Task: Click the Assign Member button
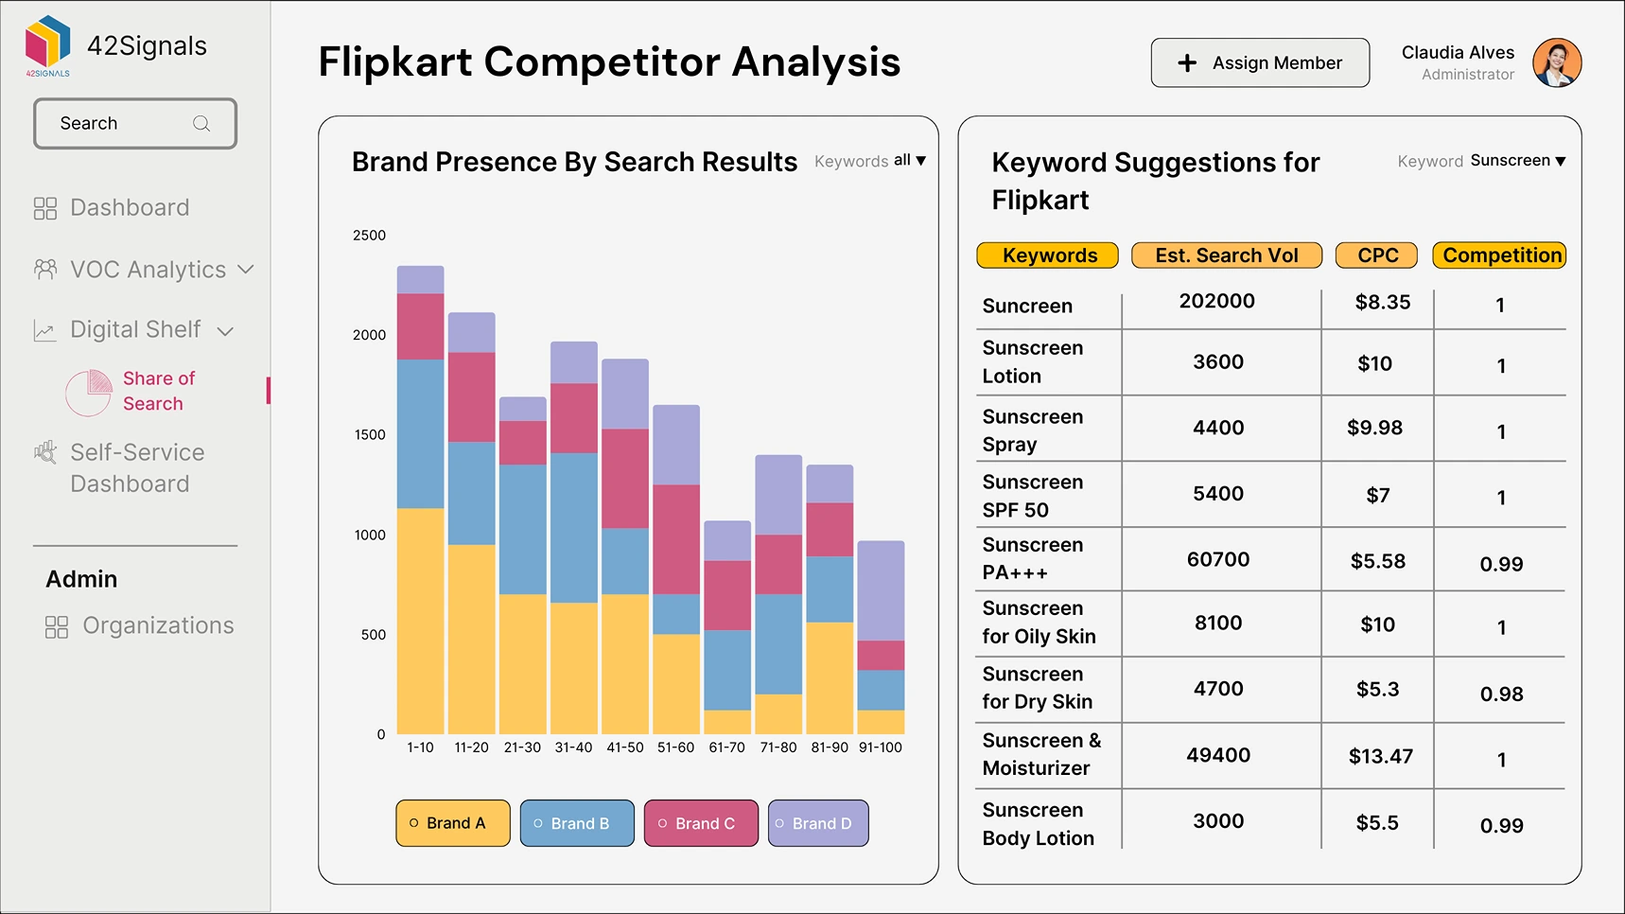1260,63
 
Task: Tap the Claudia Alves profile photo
1557,63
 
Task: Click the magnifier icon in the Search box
201,124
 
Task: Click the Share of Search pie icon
89,393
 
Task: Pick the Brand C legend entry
701,823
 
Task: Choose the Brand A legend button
453,823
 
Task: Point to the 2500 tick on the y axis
369,236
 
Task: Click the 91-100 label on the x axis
880,747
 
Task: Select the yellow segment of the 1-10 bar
420,621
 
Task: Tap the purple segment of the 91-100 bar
881,590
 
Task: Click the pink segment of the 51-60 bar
676,539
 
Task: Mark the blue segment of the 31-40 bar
574,528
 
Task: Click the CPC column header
1376,255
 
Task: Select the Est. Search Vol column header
1226,255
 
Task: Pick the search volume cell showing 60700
1218,560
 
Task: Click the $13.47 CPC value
1380,756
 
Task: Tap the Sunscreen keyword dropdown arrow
1561,162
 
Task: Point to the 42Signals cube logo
48,43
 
